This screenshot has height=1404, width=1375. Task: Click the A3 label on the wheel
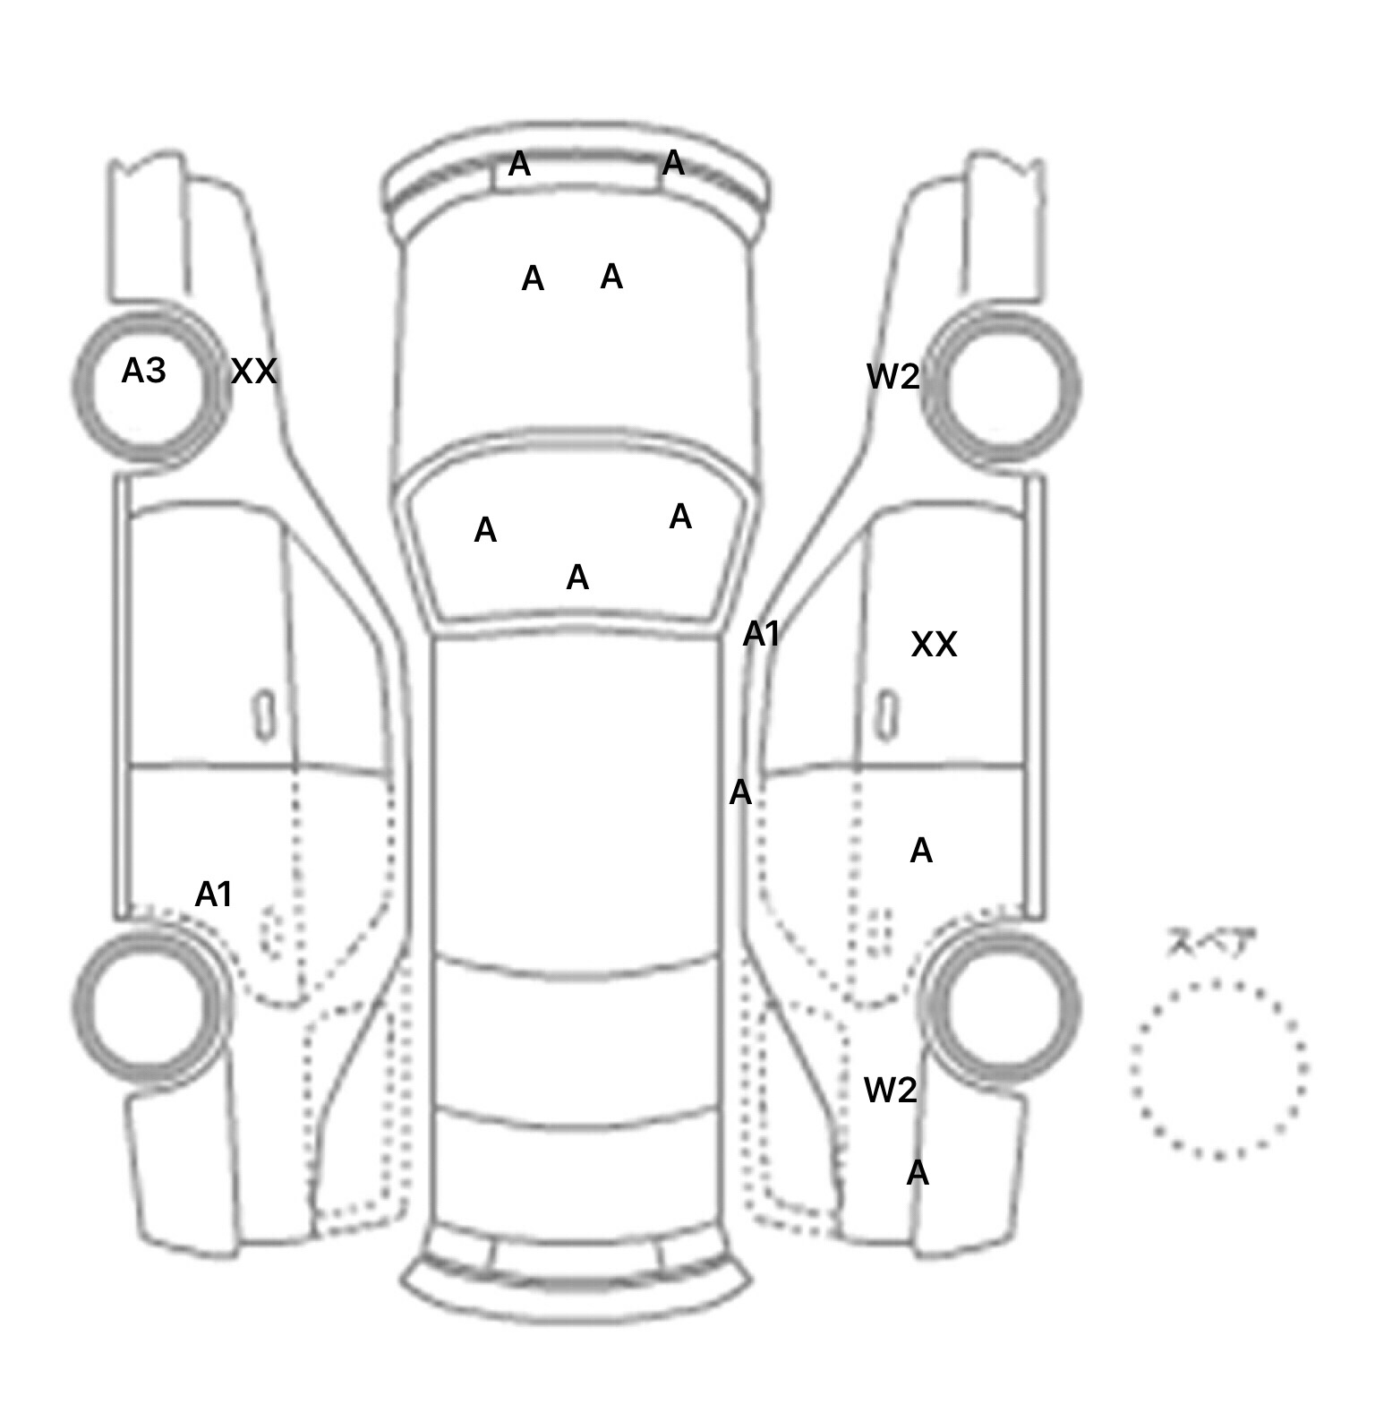[143, 370]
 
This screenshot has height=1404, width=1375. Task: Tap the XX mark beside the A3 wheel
[254, 371]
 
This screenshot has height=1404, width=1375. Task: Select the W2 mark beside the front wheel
[892, 377]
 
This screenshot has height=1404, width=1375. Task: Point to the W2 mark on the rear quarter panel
[890, 1090]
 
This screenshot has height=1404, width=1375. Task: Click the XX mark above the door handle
[934, 645]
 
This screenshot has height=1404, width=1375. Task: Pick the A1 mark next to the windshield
[762, 634]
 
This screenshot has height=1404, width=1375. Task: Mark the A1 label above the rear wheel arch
[214, 894]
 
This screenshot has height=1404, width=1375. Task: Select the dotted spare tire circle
[1218, 1068]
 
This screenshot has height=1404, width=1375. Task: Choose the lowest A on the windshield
[577, 578]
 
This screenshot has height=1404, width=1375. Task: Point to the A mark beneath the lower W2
[918, 1173]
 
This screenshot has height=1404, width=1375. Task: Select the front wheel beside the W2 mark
[1003, 385]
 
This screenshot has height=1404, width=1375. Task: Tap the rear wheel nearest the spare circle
[1003, 1004]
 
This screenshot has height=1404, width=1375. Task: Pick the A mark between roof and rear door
[740, 792]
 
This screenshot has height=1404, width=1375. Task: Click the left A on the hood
[533, 279]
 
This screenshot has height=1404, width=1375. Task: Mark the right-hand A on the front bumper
[673, 163]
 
